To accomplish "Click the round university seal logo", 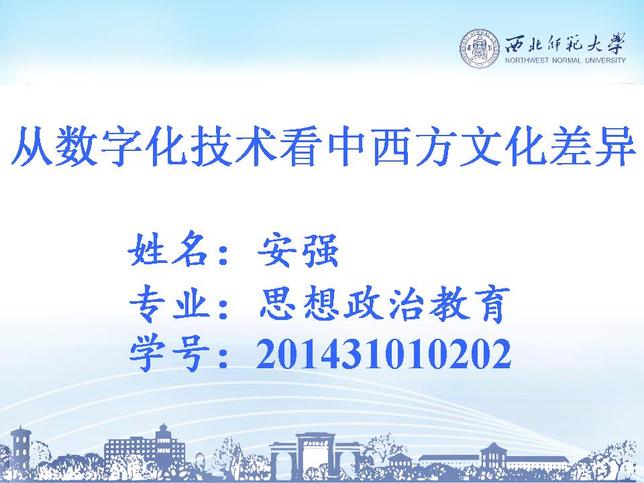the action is click(x=480, y=49).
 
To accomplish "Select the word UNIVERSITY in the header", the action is click(x=605, y=60).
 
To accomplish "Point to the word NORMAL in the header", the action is click(x=567, y=60).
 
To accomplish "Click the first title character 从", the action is click(x=32, y=146).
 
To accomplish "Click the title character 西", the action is click(x=391, y=146).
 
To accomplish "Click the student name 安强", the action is click(x=298, y=250).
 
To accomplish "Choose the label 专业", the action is click(x=170, y=303).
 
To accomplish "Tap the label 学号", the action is click(x=170, y=354).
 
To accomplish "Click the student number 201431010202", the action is click(x=384, y=354).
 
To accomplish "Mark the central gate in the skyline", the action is click(x=316, y=457).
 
